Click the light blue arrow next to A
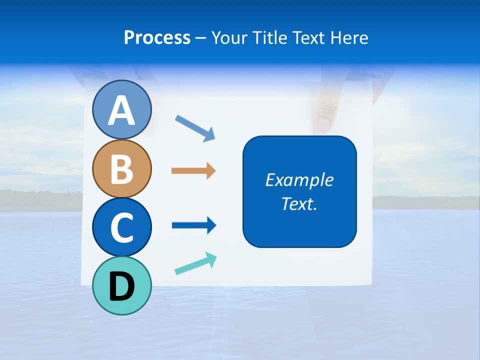coord(195,127)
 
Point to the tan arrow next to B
coord(193,171)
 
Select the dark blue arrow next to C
coord(193,225)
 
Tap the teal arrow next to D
coord(195,263)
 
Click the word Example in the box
coord(299,180)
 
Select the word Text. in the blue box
coord(299,204)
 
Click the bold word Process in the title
coord(157,38)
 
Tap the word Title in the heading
coord(267,38)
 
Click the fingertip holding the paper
coord(323,120)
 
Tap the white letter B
coord(122,169)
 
